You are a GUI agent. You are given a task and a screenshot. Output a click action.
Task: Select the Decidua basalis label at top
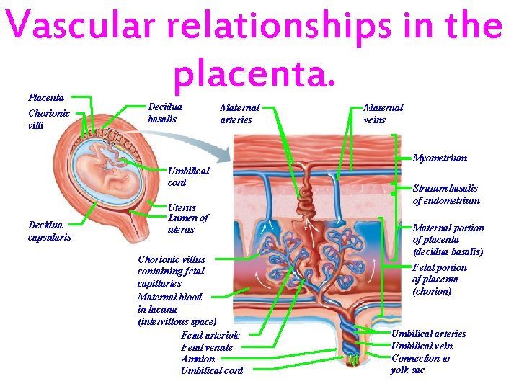point(165,112)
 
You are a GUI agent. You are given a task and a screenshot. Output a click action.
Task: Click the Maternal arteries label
point(239,114)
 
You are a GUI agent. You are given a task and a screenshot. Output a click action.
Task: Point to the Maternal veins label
point(383,114)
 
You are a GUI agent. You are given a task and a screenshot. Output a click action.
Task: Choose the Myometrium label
point(440,158)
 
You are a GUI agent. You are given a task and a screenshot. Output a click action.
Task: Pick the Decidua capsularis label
point(49,231)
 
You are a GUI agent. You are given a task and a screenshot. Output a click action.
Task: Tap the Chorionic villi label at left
point(48,119)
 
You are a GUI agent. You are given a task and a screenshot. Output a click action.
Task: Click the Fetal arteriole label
point(210,335)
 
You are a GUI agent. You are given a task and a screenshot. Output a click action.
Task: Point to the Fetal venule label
point(207,347)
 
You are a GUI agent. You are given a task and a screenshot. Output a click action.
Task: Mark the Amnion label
point(198,359)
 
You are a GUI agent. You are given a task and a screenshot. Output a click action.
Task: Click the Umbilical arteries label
point(428,334)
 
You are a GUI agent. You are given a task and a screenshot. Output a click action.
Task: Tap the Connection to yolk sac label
point(420,364)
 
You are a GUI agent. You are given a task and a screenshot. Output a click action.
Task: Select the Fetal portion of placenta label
point(440,279)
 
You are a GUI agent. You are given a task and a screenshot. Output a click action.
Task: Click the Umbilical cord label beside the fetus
point(188,176)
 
